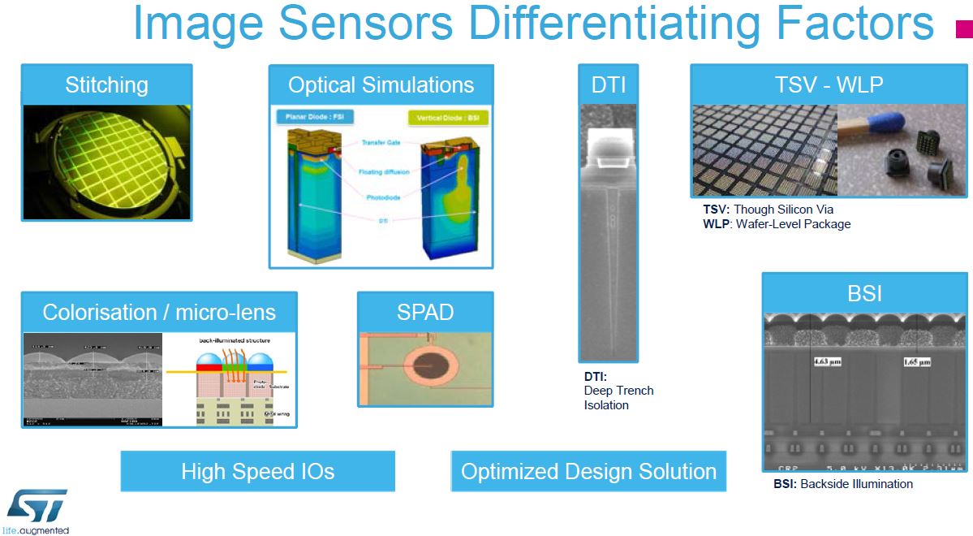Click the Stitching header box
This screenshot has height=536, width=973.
coord(106,85)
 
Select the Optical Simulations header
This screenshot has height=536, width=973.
coord(381,85)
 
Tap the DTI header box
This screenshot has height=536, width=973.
coord(608,85)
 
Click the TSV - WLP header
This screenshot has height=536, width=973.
coord(828,85)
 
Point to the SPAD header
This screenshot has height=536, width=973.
coord(424,313)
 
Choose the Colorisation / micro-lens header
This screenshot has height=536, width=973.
coord(159,313)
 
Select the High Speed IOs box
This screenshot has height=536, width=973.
coord(257,472)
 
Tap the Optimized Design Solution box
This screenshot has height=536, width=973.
coord(588,472)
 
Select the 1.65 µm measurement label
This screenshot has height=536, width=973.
coord(915,361)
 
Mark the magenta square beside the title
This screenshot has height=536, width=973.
coord(964,29)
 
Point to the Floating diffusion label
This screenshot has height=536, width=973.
coord(384,172)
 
